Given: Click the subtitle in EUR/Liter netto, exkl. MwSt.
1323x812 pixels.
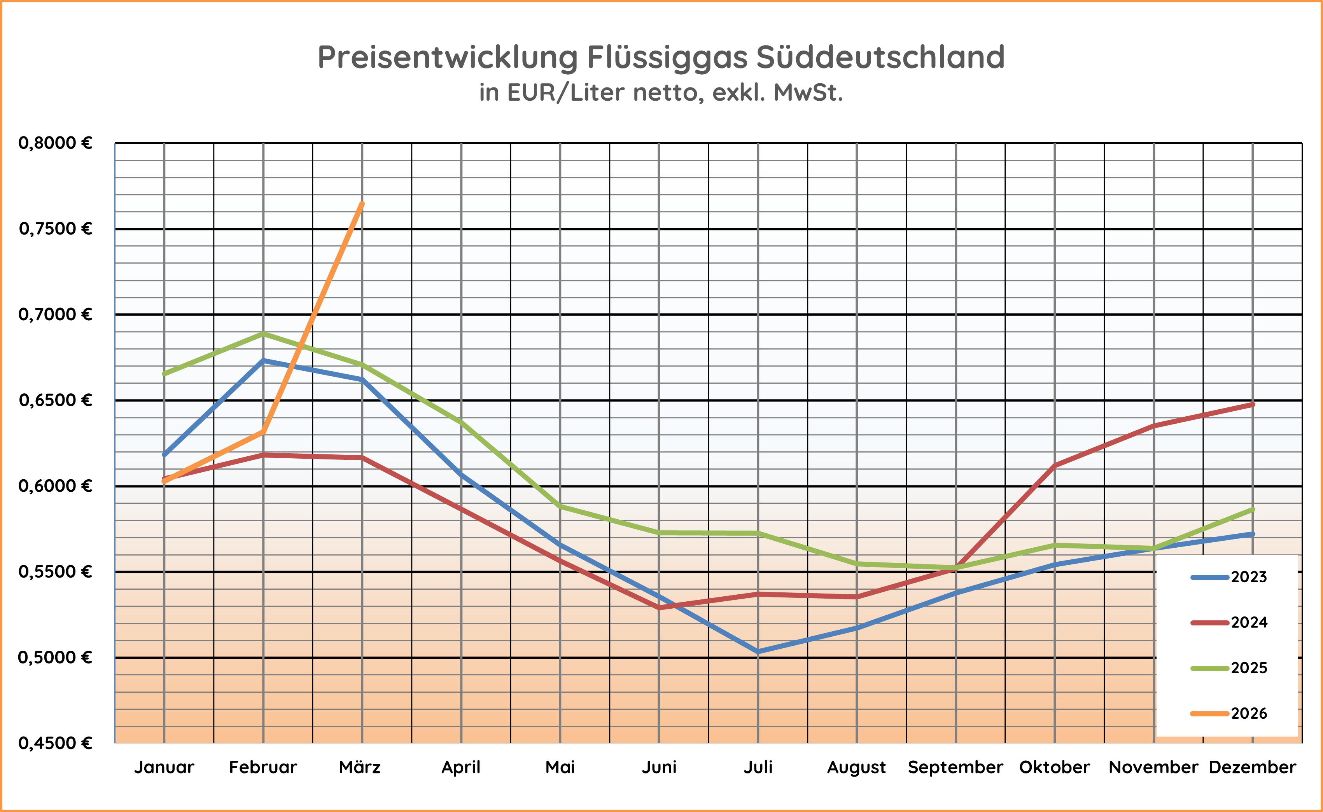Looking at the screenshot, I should tap(661, 93).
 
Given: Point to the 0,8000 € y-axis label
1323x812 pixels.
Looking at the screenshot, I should tap(55, 143).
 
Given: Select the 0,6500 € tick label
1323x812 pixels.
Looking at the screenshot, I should tap(55, 400).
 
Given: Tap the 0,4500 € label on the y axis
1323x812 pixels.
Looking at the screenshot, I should tap(55, 743).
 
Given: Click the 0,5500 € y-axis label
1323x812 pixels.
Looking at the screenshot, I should tap(55, 571).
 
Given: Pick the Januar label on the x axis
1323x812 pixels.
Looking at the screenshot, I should tap(164, 767).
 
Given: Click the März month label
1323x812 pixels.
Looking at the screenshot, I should tap(360, 767).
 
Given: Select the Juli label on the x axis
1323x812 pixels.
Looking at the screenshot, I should tap(758, 767).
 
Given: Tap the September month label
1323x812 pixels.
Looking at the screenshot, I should tap(955, 767).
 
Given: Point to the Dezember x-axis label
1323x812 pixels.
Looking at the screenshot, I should tap(1252, 767).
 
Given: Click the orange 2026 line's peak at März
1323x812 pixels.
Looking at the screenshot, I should tap(362, 204).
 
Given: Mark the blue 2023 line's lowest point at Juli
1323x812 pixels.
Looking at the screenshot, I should tap(758, 652).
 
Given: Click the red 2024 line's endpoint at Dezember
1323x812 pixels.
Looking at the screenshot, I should tap(1253, 404).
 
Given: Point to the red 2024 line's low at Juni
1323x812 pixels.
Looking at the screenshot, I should tap(659, 608).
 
